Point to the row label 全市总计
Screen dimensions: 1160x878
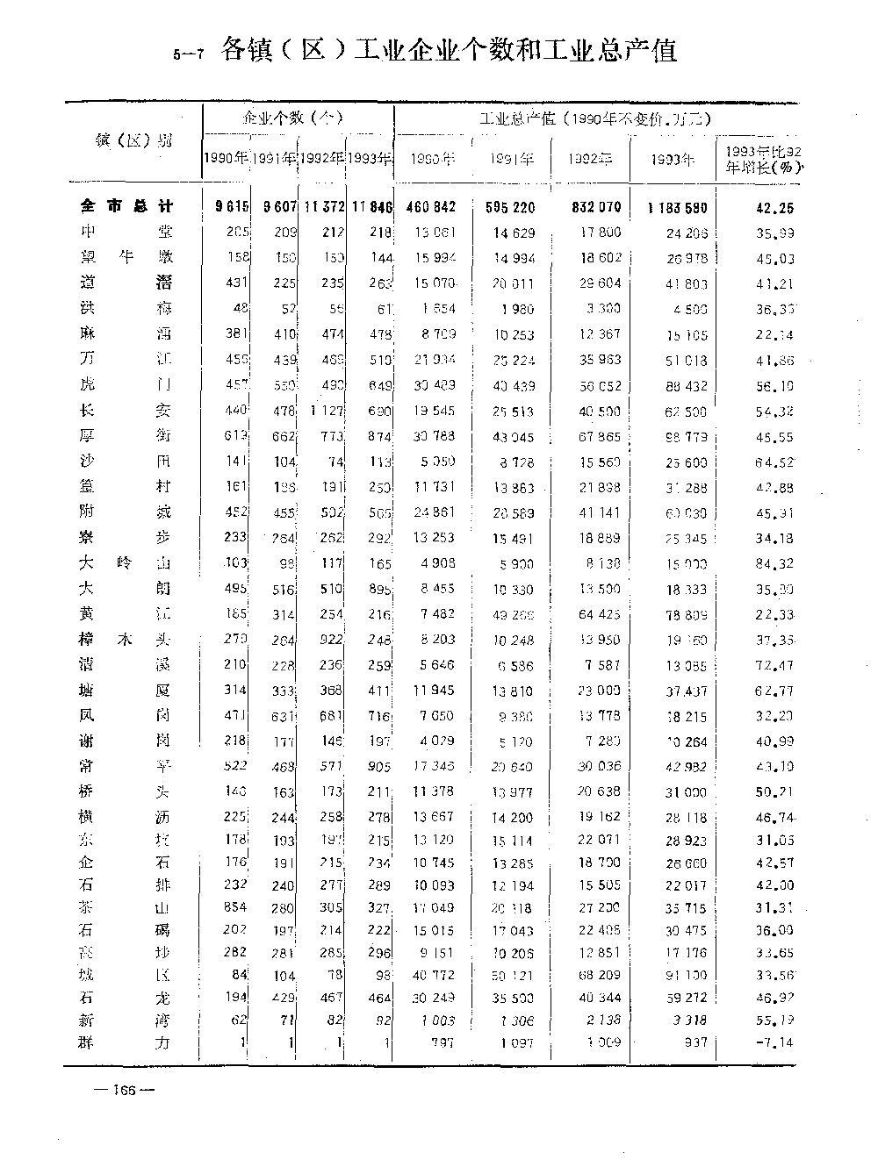126,207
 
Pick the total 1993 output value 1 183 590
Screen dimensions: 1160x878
676,208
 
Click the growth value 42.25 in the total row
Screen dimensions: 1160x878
775,208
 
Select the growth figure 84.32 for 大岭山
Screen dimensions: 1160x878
775,562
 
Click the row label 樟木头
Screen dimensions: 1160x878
126,640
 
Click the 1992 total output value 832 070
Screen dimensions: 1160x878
591,207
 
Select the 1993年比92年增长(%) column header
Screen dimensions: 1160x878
759,160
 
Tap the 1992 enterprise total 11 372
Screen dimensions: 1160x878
324,207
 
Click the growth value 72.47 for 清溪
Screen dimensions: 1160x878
775,665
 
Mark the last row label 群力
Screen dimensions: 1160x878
126,1042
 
